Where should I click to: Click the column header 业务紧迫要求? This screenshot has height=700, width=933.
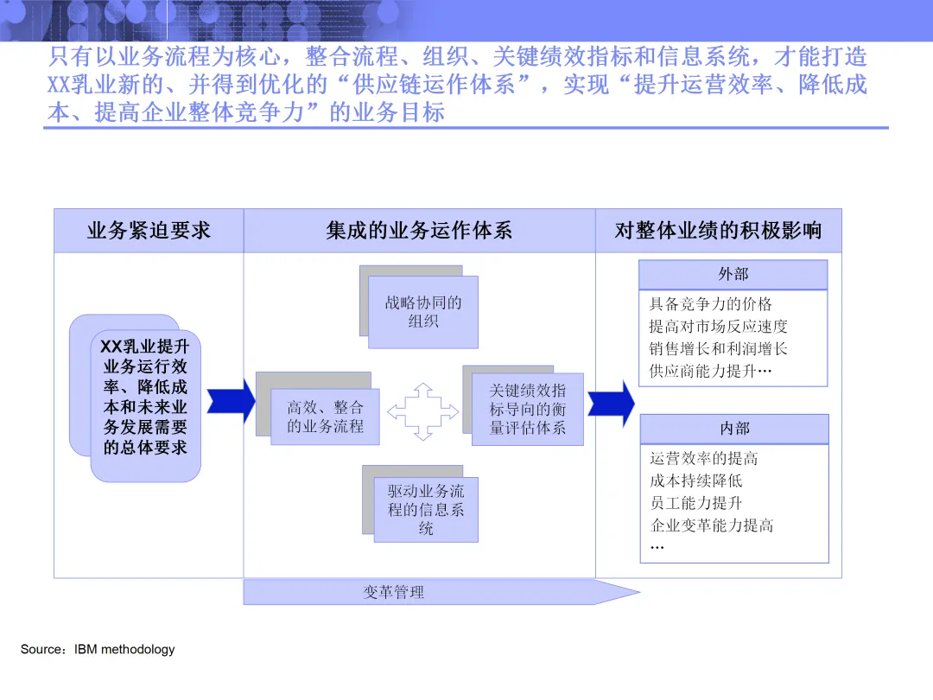tap(149, 231)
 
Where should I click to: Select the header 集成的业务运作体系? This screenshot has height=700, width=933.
tap(419, 231)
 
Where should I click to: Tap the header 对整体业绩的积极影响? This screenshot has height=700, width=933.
tap(718, 231)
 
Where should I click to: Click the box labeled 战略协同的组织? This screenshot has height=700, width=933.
tap(423, 312)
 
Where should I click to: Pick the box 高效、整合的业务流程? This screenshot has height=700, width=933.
tap(326, 417)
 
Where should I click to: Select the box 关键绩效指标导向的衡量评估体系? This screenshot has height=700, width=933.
tap(527, 409)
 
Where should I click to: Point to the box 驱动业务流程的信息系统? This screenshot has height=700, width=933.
tap(426, 510)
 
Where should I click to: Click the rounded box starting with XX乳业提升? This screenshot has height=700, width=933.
tap(145, 398)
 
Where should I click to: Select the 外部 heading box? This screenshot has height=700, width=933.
tap(733, 275)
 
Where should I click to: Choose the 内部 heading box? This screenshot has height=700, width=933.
tap(734, 429)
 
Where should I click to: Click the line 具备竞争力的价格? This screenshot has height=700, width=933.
tap(710, 304)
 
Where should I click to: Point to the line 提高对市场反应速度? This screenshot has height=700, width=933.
tap(718, 327)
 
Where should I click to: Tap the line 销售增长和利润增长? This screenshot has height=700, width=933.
tap(718, 349)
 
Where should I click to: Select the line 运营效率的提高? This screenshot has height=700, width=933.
tap(703, 459)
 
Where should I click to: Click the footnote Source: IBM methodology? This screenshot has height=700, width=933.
tap(98, 649)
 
